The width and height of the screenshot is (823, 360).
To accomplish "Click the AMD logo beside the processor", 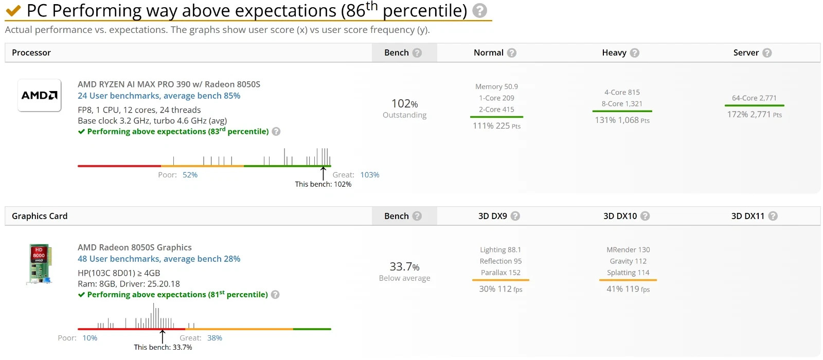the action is tap(39, 96).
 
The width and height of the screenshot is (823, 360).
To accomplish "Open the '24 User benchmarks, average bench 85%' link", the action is tap(159, 96).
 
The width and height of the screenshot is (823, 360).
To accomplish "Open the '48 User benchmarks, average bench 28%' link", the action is tap(159, 259).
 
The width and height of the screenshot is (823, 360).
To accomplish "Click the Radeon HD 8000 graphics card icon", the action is tap(39, 264).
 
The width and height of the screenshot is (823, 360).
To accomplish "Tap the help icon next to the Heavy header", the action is tap(635, 53).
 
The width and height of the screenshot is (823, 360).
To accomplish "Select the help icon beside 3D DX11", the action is tap(773, 216).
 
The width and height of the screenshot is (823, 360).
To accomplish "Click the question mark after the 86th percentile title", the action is tap(479, 11).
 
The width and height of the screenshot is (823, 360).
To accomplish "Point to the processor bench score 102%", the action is tap(404, 103).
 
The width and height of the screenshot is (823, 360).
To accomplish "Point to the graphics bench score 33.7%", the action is tap(404, 267).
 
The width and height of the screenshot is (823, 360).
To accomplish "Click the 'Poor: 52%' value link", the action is tap(190, 175).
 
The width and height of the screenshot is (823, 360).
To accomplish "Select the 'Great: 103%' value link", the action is tap(370, 175).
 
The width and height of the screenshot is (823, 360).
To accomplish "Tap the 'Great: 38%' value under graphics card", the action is tap(214, 338).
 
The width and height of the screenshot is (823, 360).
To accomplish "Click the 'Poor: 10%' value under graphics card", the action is tap(90, 338).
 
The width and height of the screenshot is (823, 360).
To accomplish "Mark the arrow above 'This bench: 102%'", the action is tap(323, 173).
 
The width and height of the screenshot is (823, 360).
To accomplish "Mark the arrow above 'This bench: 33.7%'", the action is tap(163, 336).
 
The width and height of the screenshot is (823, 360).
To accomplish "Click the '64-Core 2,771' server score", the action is tap(754, 98).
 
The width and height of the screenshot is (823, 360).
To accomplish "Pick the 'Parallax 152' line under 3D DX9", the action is tap(501, 273).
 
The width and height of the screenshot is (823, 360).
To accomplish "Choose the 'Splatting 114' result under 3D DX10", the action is tap(628, 273).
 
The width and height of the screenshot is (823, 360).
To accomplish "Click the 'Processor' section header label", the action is tap(31, 52).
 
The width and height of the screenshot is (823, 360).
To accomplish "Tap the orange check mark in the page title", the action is tap(13, 11).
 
